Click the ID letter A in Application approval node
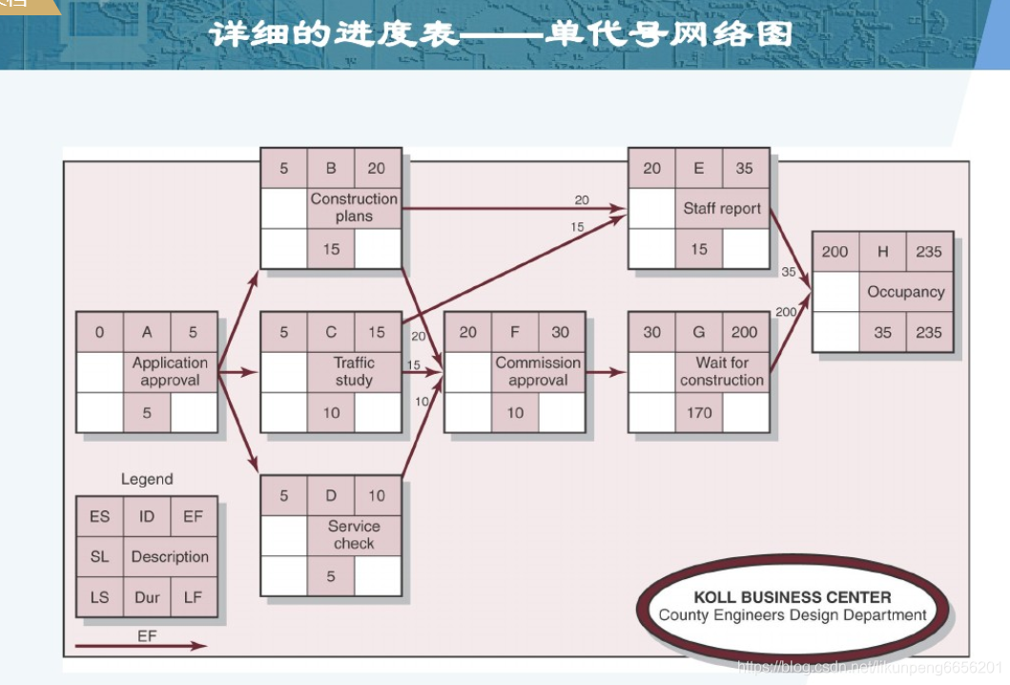tap(147, 332)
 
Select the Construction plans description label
tap(354, 208)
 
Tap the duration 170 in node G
tap(699, 414)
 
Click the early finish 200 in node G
tap(745, 332)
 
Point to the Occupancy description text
tap(906, 292)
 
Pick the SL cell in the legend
tap(99, 557)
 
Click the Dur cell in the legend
tap(147, 598)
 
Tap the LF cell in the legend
tap(194, 598)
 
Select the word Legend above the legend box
tap(147, 479)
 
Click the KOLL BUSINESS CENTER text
tap(793, 597)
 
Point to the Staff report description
tap(722, 208)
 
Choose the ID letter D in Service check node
tap(331, 495)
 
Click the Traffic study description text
tap(354, 371)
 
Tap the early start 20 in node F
tap(468, 332)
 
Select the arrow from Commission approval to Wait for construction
tap(607, 373)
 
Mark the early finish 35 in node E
tap(745, 168)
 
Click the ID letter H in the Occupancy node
tap(883, 252)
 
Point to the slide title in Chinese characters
tap(502, 34)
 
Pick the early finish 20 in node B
tap(377, 168)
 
